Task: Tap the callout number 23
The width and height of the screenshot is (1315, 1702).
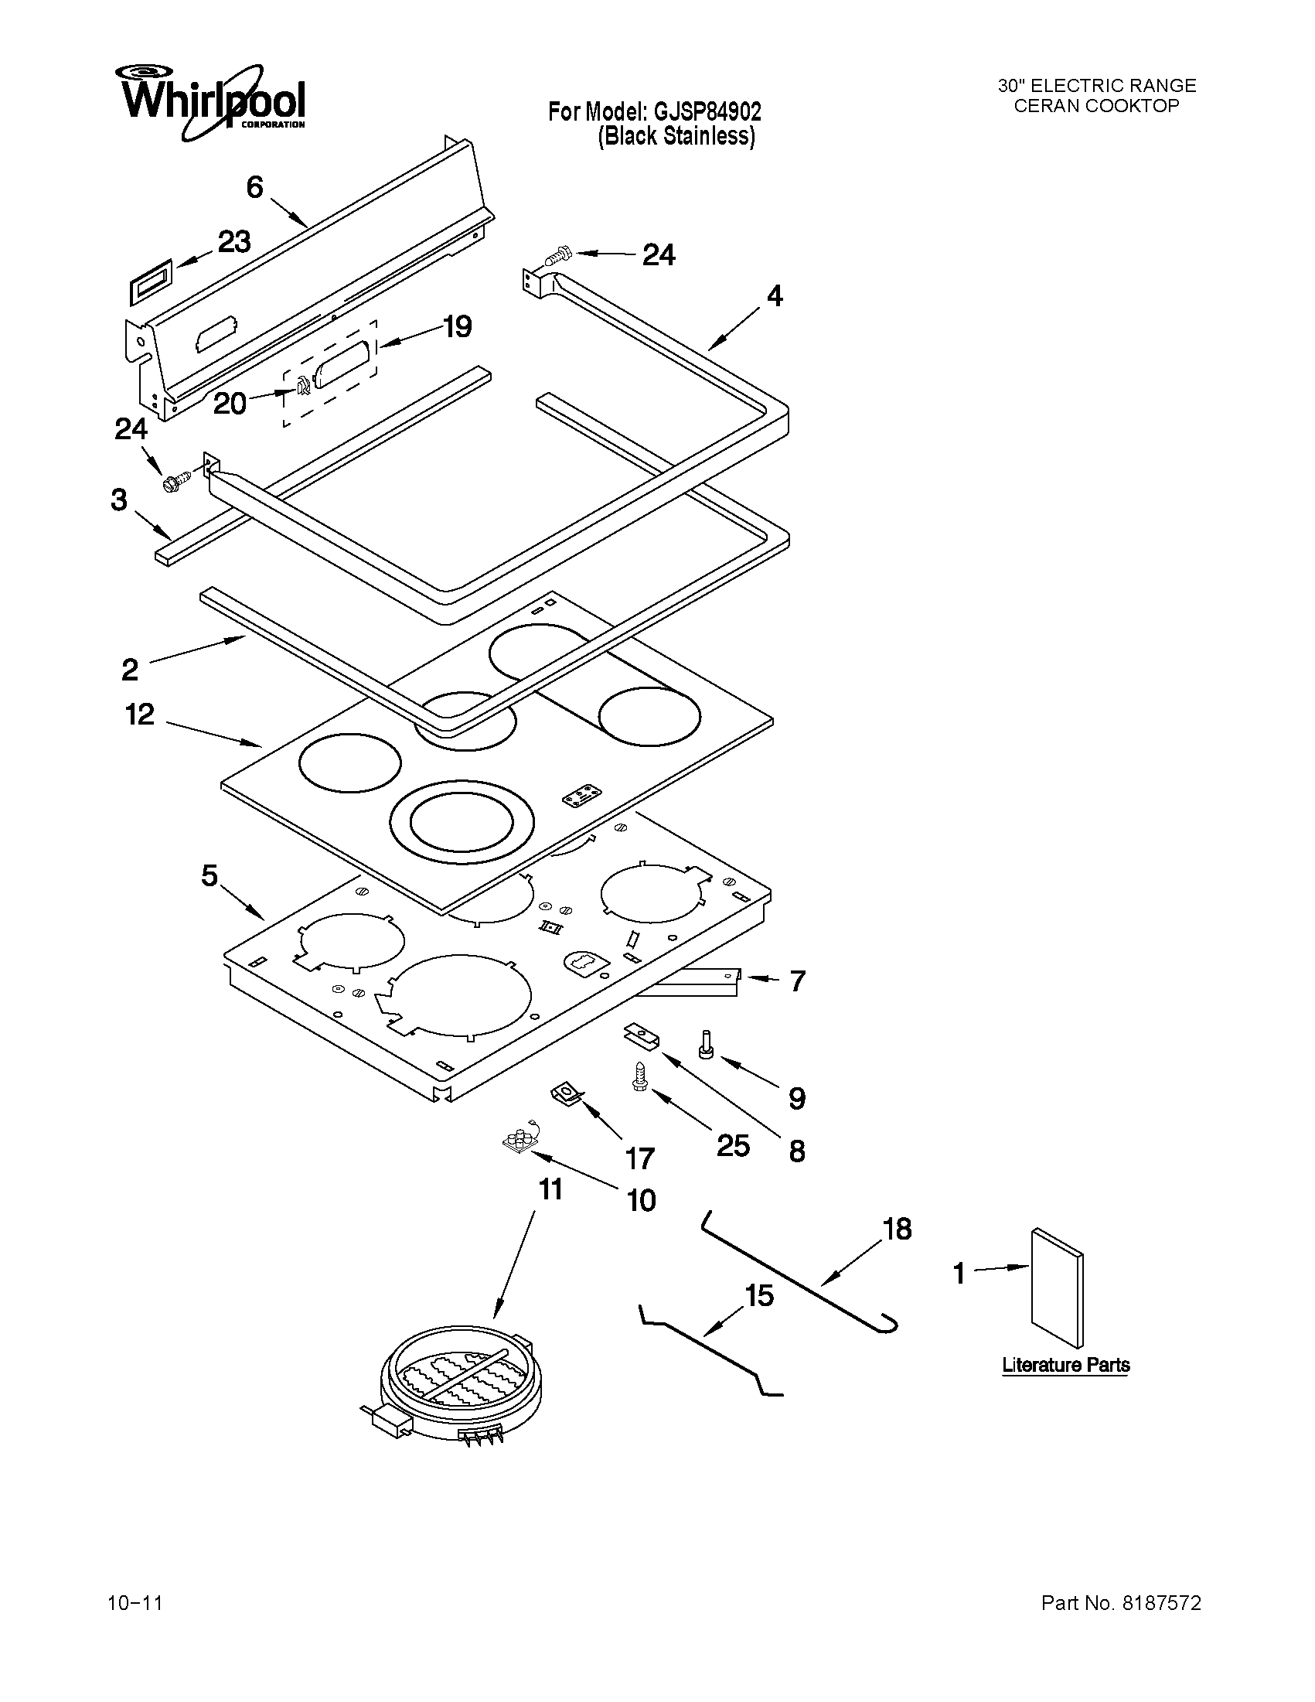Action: click(x=233, y=242)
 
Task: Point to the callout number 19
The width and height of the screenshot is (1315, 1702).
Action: click(x=458, y=326)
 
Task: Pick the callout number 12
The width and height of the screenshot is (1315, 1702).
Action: click(x=140, y=714)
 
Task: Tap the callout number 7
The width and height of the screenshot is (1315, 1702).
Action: click(x=796, y=981)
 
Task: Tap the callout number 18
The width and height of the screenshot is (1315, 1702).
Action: click(x=897, y=1229)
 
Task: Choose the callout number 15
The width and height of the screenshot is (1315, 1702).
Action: click(x=759, y=1295)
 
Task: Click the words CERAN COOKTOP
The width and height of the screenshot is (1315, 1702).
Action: click(x=1096, y=106)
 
